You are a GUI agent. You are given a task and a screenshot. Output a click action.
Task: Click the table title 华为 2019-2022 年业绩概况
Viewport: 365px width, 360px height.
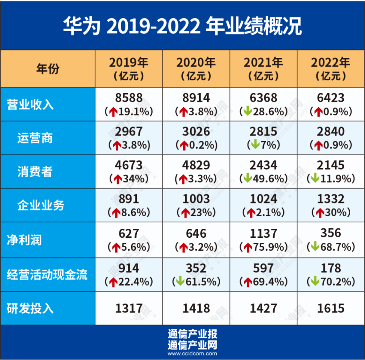point(182,26)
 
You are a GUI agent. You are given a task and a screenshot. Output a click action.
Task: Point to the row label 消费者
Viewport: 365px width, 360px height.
point(35,172)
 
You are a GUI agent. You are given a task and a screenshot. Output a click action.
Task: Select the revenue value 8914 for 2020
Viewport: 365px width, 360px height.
point(196,98)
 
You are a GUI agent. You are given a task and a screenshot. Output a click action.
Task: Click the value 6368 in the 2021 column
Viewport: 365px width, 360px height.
point(263,98)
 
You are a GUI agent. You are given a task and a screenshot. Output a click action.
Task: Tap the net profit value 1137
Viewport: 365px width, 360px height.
point(263,233)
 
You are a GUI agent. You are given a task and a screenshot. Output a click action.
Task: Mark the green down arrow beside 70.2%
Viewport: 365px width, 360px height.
point(315,282)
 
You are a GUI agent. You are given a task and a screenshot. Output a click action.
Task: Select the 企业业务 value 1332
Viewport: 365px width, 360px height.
point(331,199)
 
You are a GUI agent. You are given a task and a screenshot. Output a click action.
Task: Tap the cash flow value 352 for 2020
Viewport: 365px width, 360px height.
point(196,268)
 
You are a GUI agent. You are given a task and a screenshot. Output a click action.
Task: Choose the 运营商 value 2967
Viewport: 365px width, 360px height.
point(129,132)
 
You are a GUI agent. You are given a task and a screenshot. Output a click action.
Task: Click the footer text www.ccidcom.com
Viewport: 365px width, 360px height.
point(192,354)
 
